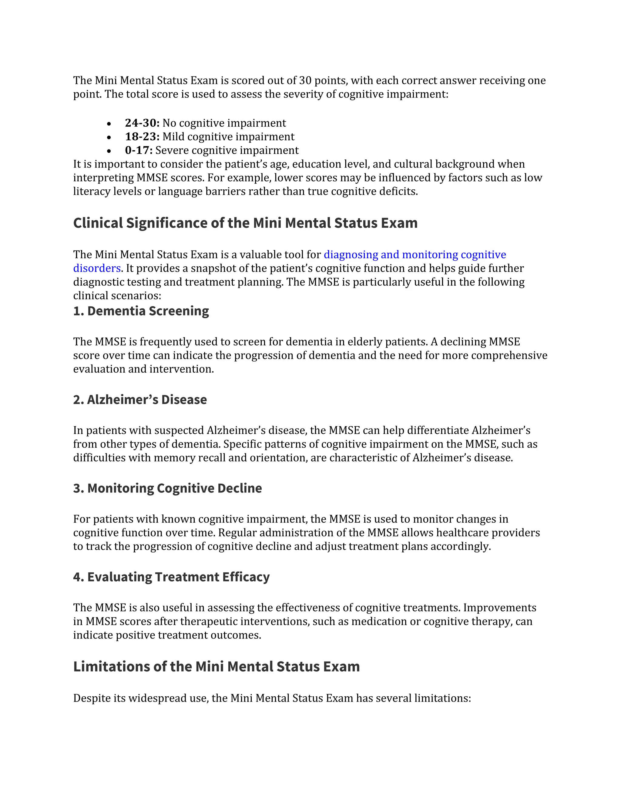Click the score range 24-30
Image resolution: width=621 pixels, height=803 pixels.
[142, 123]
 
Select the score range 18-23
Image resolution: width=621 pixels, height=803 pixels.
[142, 136]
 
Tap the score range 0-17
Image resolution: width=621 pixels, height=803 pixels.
[138, 150]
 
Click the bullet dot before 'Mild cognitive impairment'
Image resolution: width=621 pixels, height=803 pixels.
[109, 138]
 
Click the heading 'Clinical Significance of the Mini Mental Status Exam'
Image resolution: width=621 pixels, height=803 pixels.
[245, 223]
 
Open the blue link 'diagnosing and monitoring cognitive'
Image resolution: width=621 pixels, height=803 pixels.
[415, 255]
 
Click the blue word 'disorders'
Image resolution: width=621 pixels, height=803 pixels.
[97, 268]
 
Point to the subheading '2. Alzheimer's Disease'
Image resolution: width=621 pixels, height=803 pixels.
[140, 400]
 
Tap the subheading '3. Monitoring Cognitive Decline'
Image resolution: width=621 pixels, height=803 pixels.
[167, 488]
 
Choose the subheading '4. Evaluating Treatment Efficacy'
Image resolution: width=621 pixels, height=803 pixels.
[171, 577]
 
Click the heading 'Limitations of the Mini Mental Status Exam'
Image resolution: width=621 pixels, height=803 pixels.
[216, 667]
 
